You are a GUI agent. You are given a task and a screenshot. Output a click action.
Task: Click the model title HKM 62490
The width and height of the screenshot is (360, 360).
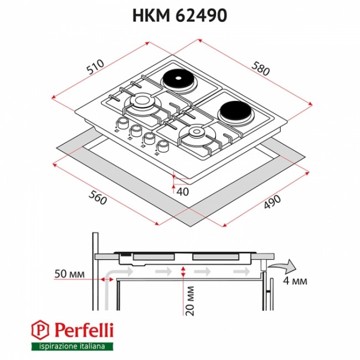pos(180,16)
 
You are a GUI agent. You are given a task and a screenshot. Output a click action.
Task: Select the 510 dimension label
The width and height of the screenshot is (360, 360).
pos(95,67)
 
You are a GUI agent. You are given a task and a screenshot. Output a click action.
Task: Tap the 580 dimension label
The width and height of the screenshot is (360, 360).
pos(260,69)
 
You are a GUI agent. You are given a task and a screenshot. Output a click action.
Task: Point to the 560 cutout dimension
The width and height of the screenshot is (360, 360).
pos(97,198)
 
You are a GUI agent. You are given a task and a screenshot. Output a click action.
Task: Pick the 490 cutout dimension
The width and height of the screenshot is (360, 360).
pos(272,202)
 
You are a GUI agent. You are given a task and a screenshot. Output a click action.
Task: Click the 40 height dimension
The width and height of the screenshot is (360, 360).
pos(183,192)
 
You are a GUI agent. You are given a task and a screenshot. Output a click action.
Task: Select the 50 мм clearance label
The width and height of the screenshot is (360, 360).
pos(70,274)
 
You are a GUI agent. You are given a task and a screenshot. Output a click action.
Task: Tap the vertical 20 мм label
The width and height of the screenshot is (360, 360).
pos(190,301)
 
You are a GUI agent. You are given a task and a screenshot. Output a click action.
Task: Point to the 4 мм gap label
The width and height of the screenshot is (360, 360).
pos(295,281)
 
